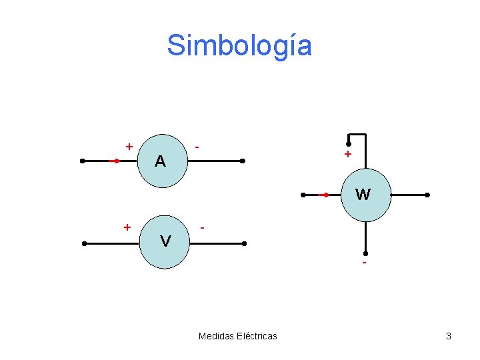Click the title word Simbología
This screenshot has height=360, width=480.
click(x=239, y=45)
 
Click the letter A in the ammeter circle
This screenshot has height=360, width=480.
click(x=160, y=161)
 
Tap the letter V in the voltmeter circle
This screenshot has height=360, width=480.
click(x=165, y=241)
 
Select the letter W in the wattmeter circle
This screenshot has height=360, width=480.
click(x=363, y=195)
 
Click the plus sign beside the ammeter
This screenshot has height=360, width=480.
click(x=129, y=146)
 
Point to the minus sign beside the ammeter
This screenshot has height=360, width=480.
click(x=197, y=146)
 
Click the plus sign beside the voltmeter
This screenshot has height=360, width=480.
click(x=127, y=227)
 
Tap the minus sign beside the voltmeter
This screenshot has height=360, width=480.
click(x=203, y=228)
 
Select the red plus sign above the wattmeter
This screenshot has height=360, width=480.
click(x=347, y=154)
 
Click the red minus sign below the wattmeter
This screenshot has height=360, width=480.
click(x=364, y=264)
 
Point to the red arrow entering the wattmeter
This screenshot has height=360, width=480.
click(x=325, y=195)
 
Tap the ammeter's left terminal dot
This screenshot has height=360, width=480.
click(x=82, y=161)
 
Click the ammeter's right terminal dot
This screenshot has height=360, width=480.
click(x=243, y=161)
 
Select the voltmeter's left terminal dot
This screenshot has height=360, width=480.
click(x=84, y=243)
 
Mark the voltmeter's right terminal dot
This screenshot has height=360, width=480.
click(x=244, y=243)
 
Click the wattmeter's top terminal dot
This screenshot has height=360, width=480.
click(x=348, y=143)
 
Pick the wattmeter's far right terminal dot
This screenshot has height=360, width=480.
click(x=427, y=195)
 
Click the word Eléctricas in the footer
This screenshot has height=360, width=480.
click(x=257, y=336)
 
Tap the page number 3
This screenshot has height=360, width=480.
click(x=449, y=336)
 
